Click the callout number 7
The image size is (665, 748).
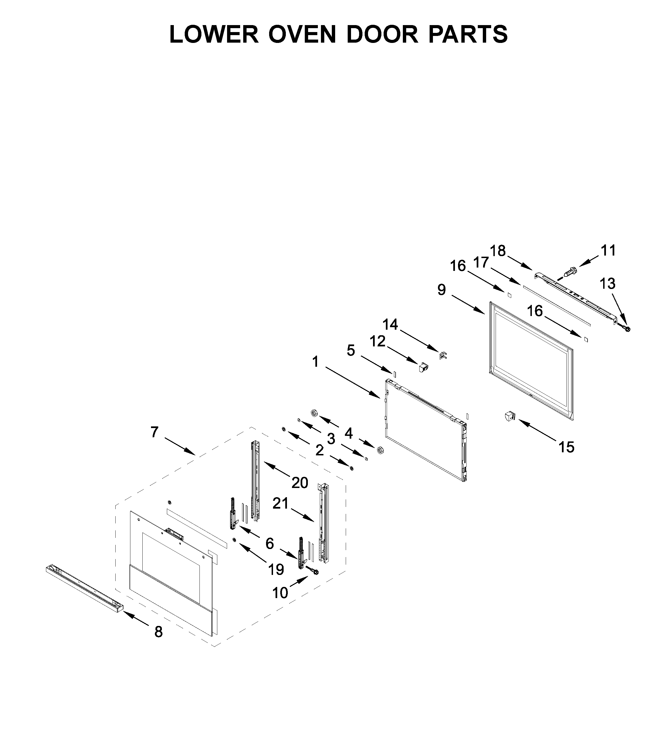(x=154, y=432)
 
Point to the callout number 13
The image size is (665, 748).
(x=608, y=284)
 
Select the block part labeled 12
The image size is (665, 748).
(x=423, y=367)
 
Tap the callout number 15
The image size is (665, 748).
(x=566, y=447)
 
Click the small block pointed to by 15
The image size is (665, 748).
(x=510, y=416)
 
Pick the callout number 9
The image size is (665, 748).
(x=442, y=290)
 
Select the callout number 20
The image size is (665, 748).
(x=299, y=483)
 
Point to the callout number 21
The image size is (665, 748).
(x=281, y=504)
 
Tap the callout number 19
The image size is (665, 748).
(x=276, y=569)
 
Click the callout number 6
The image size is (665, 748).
(x=270, y=543)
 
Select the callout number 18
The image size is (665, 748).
(x=498, y=251)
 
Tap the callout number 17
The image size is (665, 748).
(x=481, y=263)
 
